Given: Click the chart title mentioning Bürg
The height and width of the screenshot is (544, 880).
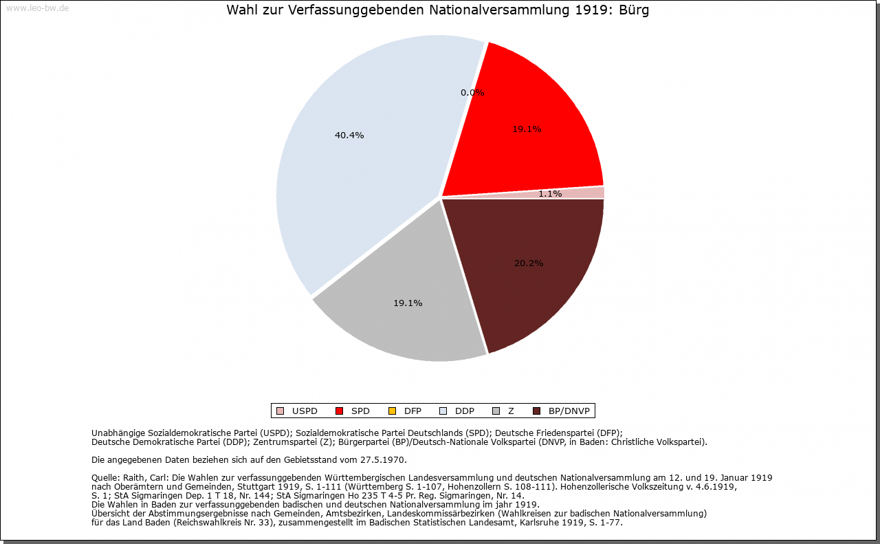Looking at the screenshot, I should (437, 10).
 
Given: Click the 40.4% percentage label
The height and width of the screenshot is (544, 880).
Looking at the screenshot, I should (349, 135).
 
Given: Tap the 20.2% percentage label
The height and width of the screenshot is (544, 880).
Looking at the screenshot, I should (529, 263).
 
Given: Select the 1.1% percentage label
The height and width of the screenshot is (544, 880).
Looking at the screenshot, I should (550, 194).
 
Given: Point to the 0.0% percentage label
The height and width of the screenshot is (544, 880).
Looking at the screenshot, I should (472, 93).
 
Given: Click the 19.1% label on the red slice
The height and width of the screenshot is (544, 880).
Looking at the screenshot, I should (527, 129).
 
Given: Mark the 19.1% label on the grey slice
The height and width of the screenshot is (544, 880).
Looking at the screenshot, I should (408, 303).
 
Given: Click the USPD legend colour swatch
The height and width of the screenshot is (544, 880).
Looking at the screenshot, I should (280, 411).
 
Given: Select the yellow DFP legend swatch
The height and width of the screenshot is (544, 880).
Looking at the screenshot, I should (392, 411).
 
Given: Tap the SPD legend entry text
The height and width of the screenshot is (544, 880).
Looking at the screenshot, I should (360, 411).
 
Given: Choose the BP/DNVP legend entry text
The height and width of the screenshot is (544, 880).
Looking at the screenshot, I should (569, 411).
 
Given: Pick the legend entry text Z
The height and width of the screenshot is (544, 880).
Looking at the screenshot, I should (511, 411).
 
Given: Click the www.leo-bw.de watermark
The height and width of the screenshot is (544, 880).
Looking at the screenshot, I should (37, 8).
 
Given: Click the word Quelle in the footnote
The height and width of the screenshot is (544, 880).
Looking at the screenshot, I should (105, 477).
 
